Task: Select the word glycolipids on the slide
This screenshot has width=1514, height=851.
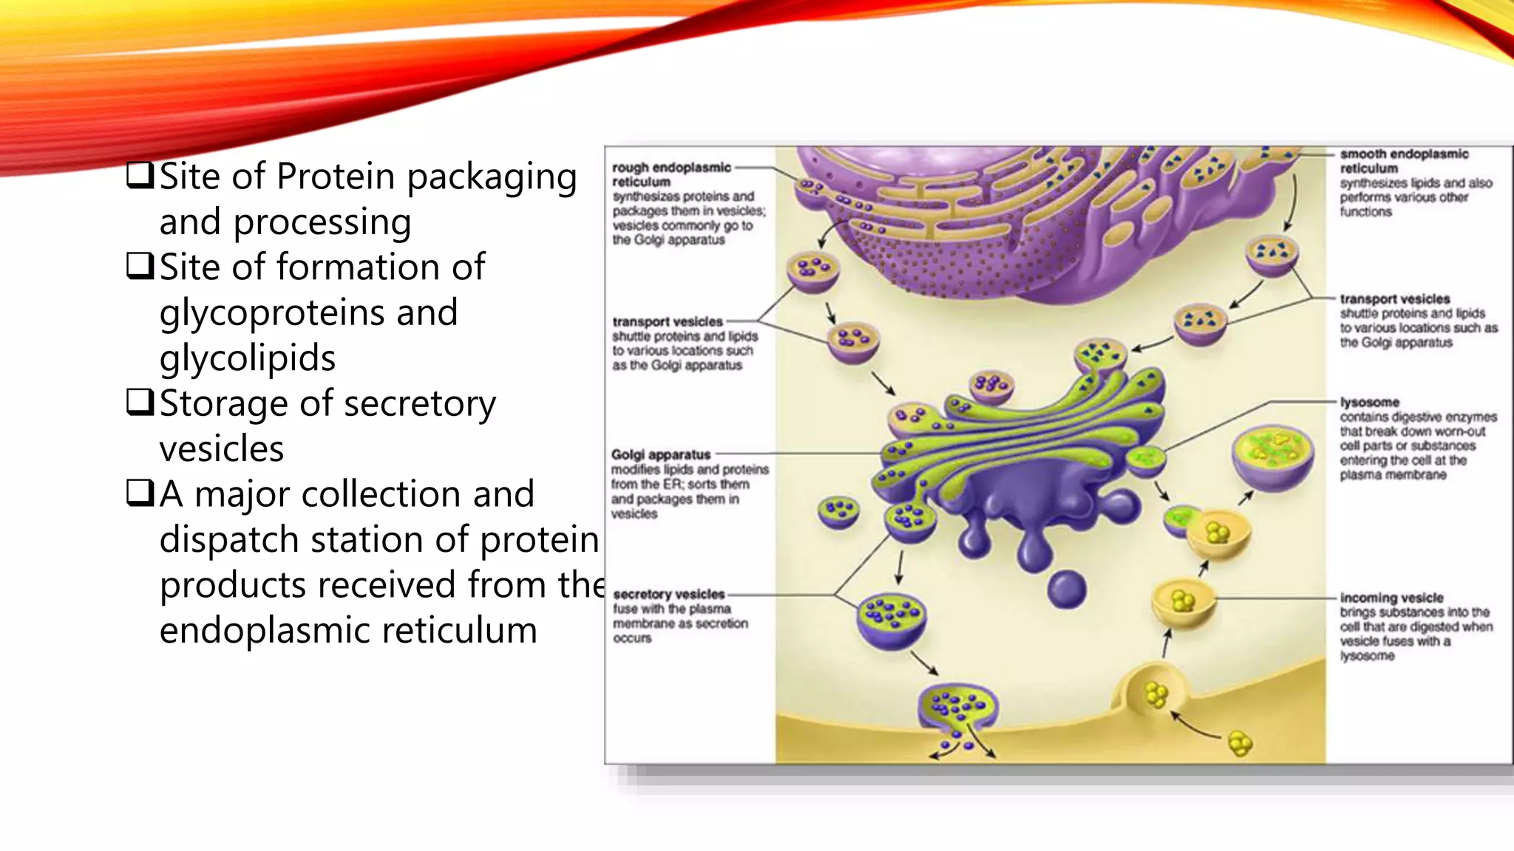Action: pos(248,358)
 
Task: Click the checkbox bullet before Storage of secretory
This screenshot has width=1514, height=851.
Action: pos(139,402)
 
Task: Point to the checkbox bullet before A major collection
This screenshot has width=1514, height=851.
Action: pos(139,493)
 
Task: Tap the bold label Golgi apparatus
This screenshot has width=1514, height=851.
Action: pos(661,454)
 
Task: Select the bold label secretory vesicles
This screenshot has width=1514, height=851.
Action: pos(669,594)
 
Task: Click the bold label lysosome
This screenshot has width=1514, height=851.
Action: pos(1369,402)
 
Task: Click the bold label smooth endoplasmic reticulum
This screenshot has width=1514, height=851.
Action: pos(1404,161)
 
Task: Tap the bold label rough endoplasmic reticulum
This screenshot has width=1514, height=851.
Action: pos(671,174)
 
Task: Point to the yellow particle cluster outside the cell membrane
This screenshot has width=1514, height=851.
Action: pos(1240,743)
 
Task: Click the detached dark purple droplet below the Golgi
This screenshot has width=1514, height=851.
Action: pos(1067,589)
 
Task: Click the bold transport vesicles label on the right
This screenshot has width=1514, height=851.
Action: pos(1394,298)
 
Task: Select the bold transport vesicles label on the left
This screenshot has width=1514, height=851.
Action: pos(667,321)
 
